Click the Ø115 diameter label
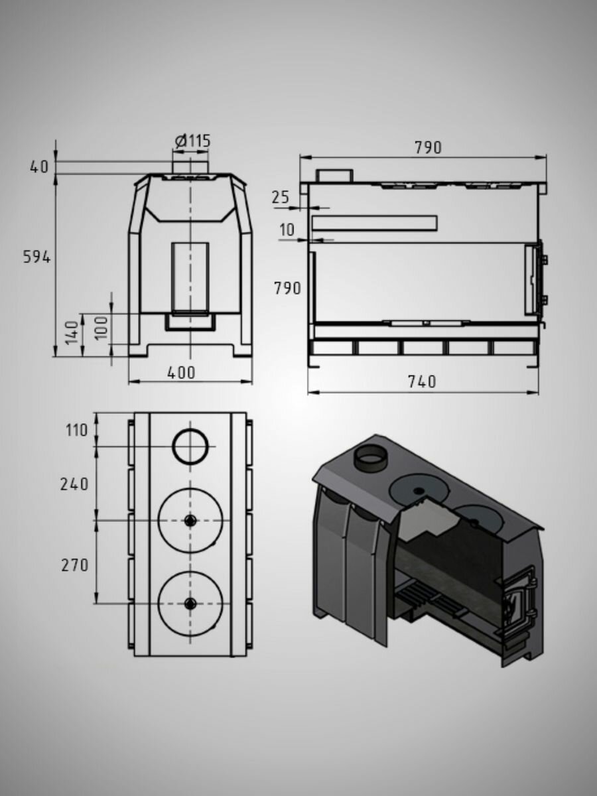192,141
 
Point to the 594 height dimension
36,257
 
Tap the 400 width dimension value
181,372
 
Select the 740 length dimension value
422,381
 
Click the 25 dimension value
281,197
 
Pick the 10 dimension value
287,230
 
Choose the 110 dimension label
76,431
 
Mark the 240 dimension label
74,484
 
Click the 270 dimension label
75,565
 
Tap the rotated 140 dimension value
72,332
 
